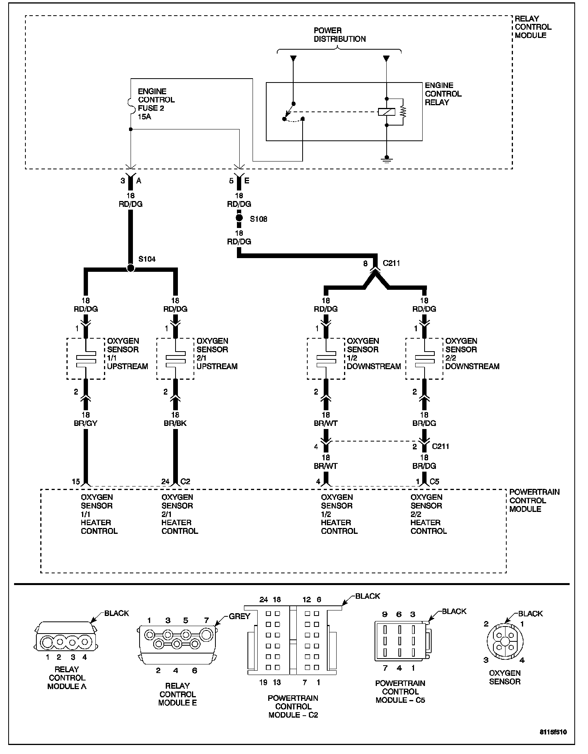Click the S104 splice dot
pos(131,268)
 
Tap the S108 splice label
pos(258,219)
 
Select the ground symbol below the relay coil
pos(386,159)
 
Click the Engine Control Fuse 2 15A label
pos(156,104)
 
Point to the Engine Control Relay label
pos(443,94)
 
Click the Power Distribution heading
pos(339,35)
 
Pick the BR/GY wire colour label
pos(86,423)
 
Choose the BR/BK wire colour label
pos(175,423)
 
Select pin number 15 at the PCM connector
pos(76,481)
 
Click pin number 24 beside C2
pos(165,481)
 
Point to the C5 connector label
pos(434,481)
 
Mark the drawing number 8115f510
pos(553,732)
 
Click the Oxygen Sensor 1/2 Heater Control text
pos(339,514)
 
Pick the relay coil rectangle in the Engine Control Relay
pos(386,112)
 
